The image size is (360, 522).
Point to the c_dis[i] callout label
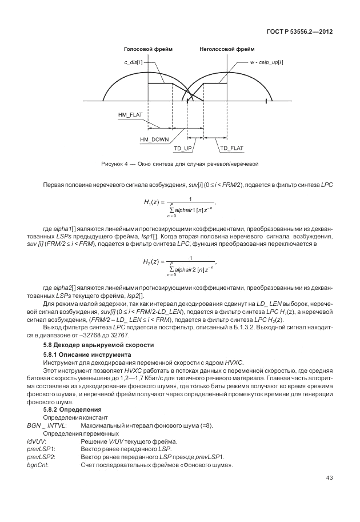pos(134,60)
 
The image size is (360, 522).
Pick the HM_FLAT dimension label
pos(130,115)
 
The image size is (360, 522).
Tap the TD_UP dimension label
pos(182,148)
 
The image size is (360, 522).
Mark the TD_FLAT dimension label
pos(231,148)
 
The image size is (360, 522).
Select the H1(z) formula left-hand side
pos(153,202)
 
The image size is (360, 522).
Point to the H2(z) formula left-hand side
pos(153,262)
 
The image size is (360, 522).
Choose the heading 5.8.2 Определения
pos(73,410)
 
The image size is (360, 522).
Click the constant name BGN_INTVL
pos(47,426)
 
